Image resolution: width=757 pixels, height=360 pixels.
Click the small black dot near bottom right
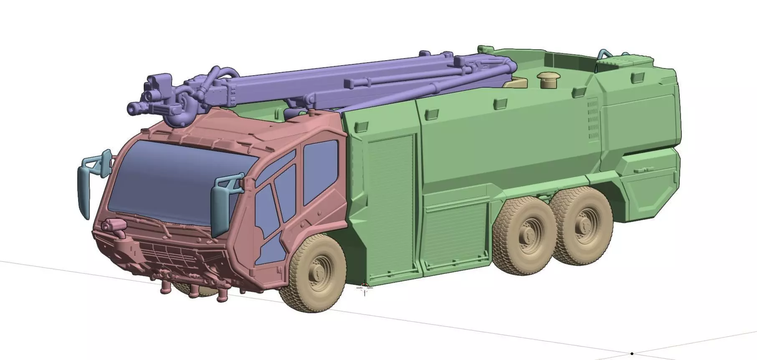(x=632, y=354)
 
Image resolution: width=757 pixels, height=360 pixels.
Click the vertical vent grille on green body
(x=592, y=119)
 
